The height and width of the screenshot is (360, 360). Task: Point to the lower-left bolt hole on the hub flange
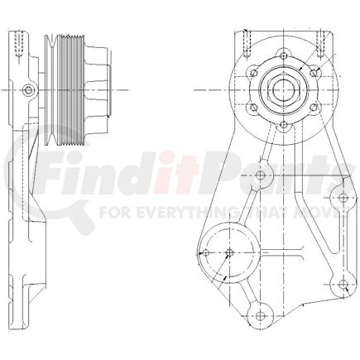point(250,106)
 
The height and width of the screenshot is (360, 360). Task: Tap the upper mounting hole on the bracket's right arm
point(340,198)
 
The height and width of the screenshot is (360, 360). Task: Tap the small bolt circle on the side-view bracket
point(29,89)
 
